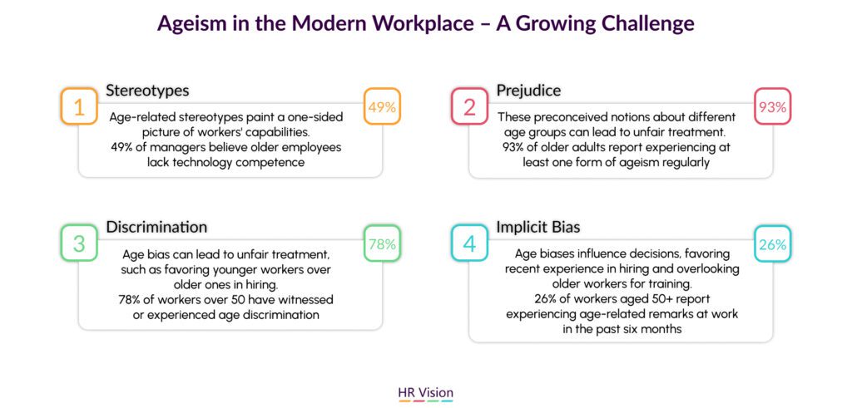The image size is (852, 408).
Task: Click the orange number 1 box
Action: tap(79, 106)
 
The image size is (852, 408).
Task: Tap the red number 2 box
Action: tap(469, 106)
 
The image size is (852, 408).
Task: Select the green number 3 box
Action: tap(79, 244)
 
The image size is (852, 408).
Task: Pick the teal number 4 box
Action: tap(469, 244)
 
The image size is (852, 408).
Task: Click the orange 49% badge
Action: tap(382, 106)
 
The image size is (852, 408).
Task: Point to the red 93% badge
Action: tap(773, 106)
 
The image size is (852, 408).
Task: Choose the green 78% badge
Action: tap(382, 244)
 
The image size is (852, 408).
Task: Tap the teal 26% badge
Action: tap(773, 244)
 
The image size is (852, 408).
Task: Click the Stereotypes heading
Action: tap(147, 90)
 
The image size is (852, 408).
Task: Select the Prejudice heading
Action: tap(528, 90)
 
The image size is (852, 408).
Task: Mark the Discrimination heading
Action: tap(156, 227)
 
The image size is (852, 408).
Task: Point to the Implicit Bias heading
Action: tap(538, 228)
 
